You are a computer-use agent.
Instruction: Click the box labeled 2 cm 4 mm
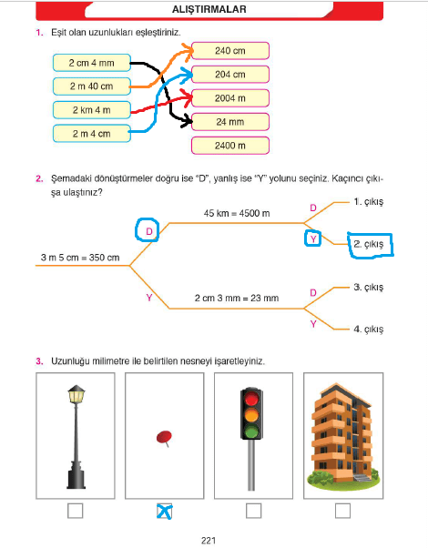pyautogui.click(x=92, y=63)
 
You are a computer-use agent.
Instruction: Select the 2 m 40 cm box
pyautogui.click(x=92, y=86)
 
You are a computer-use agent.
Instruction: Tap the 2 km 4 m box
pyautogui.click(x=92, y=110)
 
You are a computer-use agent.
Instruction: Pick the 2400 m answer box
pyautogui.click(x=230, y=146)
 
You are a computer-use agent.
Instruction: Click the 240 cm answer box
pyautogui.click(x=230, y=51)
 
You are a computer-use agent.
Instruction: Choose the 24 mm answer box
pyautogui.click(x=230, y=122)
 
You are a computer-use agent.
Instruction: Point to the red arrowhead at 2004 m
pyautogui.click(x=187, y=98)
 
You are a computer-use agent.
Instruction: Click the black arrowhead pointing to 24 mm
pyautogui.click(x=187, y=121)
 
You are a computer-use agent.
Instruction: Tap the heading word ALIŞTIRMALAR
pyautogui.click(x=209, y=9)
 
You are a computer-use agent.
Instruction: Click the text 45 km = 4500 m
pyautogui.click(x=237, y=213)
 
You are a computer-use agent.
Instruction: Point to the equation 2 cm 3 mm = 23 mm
pyautogui.click(x=237, y=298)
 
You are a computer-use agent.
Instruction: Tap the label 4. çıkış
pyautogui.click(x=369, y=329)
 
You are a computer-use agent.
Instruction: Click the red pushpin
pyautogui.click(x=164, y=438)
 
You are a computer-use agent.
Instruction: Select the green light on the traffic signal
pyautogui.click(x=251, y=431)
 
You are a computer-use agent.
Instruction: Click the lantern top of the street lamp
pyautogui.click(x=76, y=393)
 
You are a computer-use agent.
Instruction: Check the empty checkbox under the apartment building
pyautogui.click(x=342, y=511)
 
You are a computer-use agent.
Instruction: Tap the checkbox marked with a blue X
pyautogui.click(x=164, y=511)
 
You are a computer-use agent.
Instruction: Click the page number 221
pyautogui.click(x=209, y=541)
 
